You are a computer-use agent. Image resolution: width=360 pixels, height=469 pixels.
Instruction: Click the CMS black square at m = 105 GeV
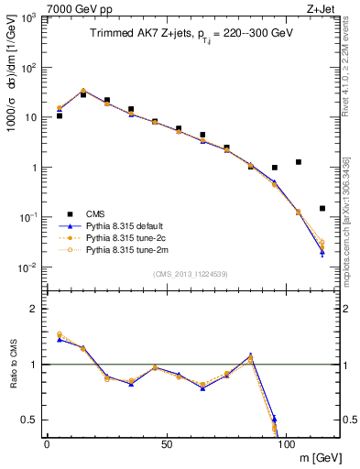(298, 162)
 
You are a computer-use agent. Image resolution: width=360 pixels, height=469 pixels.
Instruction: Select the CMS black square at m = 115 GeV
(322, 208)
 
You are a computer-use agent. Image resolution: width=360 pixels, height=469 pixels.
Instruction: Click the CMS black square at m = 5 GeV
(60, 115)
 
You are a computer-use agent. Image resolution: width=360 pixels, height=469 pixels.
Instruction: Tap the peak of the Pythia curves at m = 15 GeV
(83, 91)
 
